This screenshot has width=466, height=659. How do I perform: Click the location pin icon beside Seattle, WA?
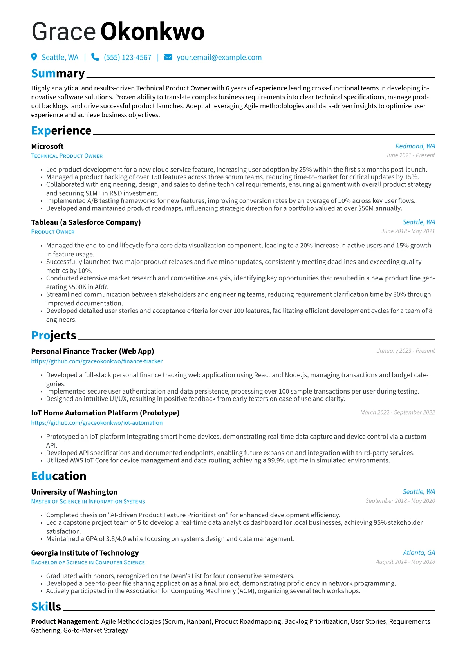point(34,57)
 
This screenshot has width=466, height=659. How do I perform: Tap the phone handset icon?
point(95,57)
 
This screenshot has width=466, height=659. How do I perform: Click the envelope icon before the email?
point(168,57)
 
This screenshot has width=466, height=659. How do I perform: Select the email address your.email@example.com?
point(219,58)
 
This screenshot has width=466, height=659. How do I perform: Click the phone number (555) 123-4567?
point(127,58)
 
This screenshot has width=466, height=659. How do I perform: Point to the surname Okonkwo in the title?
point(152,32)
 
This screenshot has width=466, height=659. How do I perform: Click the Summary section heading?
point(58,74)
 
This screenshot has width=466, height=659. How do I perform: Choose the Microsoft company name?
point(47,146)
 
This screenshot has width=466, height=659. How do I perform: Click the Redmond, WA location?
point(415,146)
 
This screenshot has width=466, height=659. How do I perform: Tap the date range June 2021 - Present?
point(410,155)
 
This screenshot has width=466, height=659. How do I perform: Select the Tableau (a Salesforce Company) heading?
point(86,222)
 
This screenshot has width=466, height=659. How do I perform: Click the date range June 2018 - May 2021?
point(408,231)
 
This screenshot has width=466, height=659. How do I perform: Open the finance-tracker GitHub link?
point(97,361)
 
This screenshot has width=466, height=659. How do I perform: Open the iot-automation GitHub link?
point(97,423)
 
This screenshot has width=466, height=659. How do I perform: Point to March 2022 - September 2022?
point(397,412)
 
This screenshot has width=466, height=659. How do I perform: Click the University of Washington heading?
point(74,492)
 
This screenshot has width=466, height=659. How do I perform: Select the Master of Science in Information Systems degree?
point(88,502)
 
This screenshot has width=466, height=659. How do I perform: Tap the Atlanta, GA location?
point(419,552)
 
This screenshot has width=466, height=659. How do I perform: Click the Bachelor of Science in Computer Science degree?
point(88,563)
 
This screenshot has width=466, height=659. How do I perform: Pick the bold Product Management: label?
point(65,621)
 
